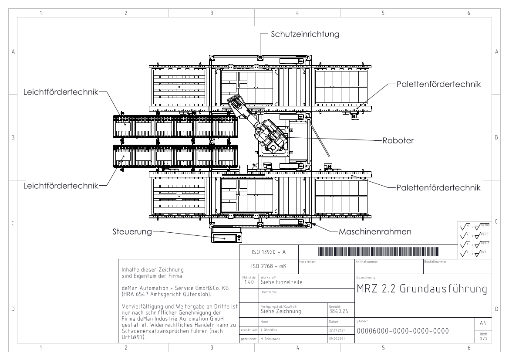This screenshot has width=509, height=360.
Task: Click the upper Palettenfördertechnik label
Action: [438, 85]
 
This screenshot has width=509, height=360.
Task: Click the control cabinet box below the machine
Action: [226, 238]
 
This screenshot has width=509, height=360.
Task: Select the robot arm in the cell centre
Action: [261, 126]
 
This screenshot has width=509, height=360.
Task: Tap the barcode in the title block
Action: [379, 252]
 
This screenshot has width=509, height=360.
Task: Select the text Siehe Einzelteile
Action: [281, 282]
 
